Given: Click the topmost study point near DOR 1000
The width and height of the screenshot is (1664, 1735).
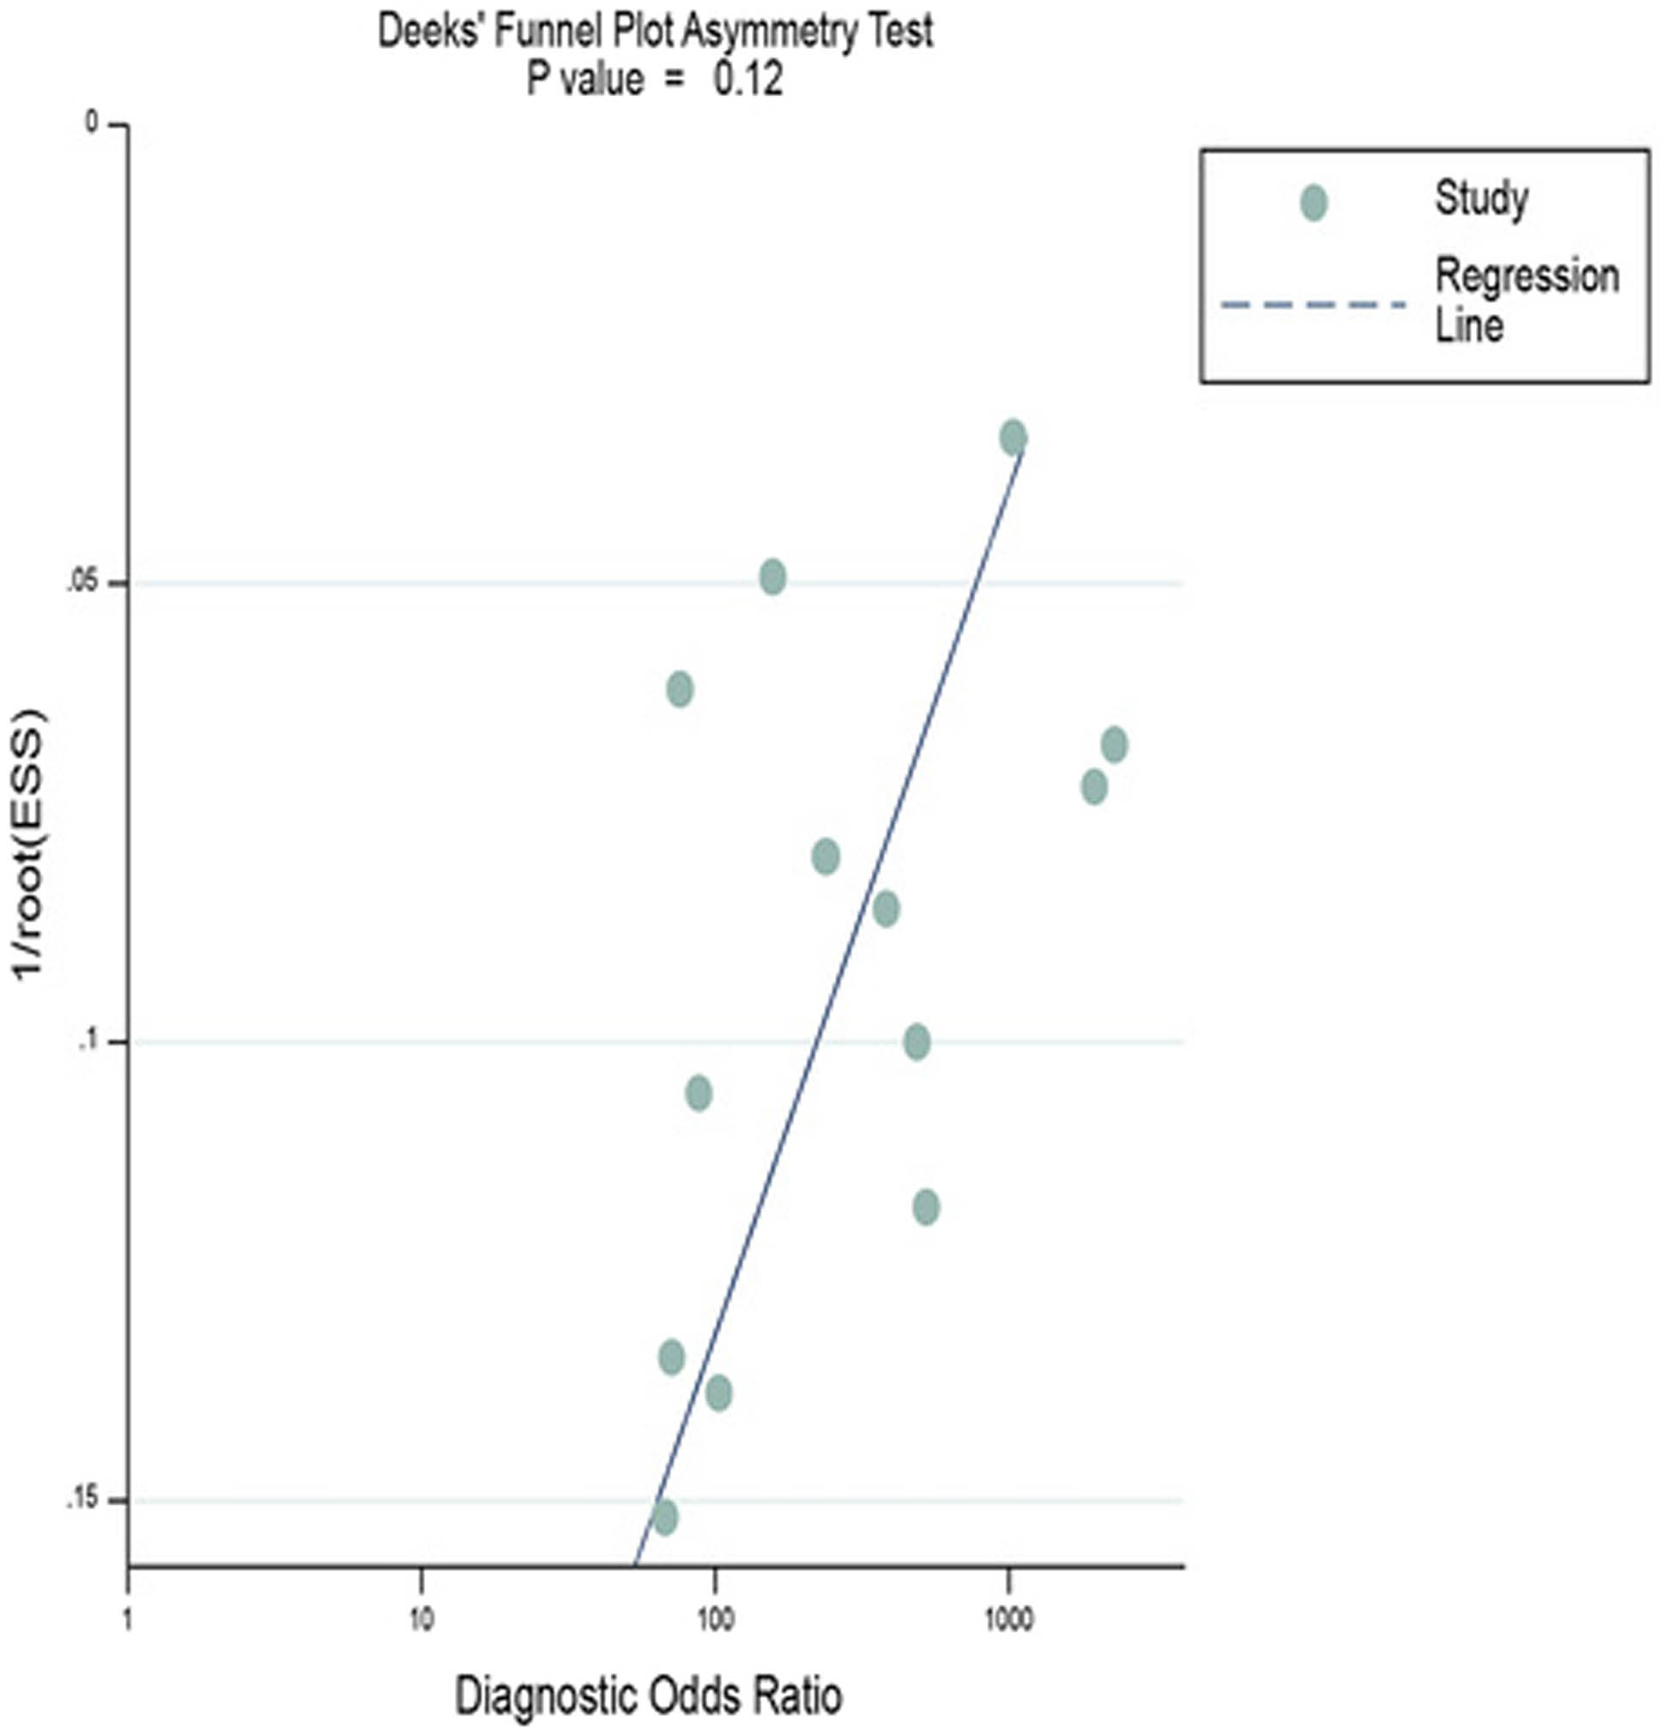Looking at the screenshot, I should [1014, 437].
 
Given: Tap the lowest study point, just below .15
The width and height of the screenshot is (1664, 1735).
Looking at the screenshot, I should [665, 1517].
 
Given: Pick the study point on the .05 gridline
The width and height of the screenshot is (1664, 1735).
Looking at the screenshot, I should [771, 577].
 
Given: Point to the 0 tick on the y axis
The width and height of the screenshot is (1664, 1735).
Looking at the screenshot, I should [91, 123].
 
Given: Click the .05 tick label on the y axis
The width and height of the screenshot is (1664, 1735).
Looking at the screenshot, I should [82, 584].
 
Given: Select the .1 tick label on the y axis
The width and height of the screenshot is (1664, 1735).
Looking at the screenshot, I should [86, 1042].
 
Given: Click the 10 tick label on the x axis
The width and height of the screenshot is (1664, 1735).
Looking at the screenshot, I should [421, 1620].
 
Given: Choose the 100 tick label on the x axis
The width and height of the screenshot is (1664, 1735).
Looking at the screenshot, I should [714, 1620].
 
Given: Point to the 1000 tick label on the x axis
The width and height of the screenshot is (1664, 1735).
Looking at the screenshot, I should [1008, 1620].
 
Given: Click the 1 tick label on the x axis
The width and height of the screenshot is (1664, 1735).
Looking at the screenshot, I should [129, 1620].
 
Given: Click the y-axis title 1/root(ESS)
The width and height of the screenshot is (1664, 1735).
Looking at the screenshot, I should [28, 844].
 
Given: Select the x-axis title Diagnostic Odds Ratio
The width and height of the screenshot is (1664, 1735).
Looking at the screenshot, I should [648, 1696].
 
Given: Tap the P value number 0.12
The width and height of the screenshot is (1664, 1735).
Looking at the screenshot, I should [749, 81].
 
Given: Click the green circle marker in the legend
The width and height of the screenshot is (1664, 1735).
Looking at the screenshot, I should [1314, 203].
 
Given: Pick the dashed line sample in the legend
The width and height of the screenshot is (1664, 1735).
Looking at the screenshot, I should [1313, 306].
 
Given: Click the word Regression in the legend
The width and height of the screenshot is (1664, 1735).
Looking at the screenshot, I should [1527, 276].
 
